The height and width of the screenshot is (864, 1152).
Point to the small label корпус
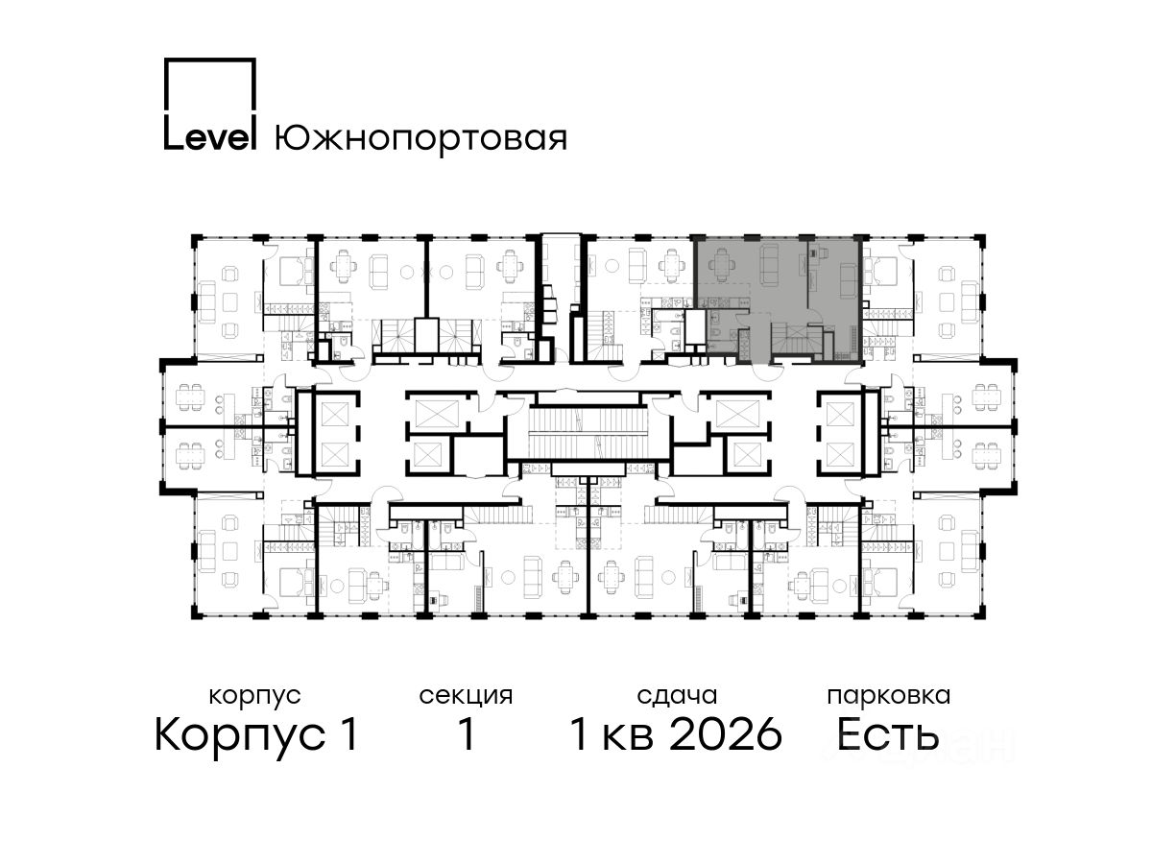254,697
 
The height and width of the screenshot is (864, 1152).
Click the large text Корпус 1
256,734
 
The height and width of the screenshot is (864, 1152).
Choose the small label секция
466,696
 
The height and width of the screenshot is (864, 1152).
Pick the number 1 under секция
467,734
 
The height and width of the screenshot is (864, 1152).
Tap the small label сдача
677,696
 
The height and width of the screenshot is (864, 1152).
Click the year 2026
727,734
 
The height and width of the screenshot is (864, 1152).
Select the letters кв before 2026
628,738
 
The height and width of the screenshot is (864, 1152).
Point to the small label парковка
889,696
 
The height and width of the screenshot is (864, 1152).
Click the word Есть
887,734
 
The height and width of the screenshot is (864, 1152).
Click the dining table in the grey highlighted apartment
722,266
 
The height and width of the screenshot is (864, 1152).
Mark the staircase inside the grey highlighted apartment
796,339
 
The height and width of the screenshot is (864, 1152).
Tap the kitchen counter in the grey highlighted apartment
724,301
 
